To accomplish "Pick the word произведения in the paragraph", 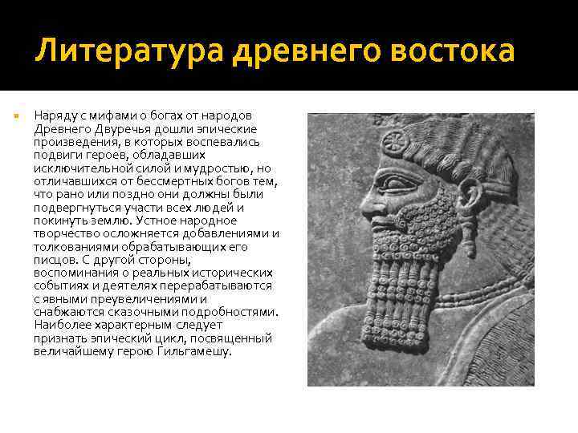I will [74, 141].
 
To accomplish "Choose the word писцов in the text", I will [55, 259].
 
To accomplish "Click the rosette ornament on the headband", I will [393, 142].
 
